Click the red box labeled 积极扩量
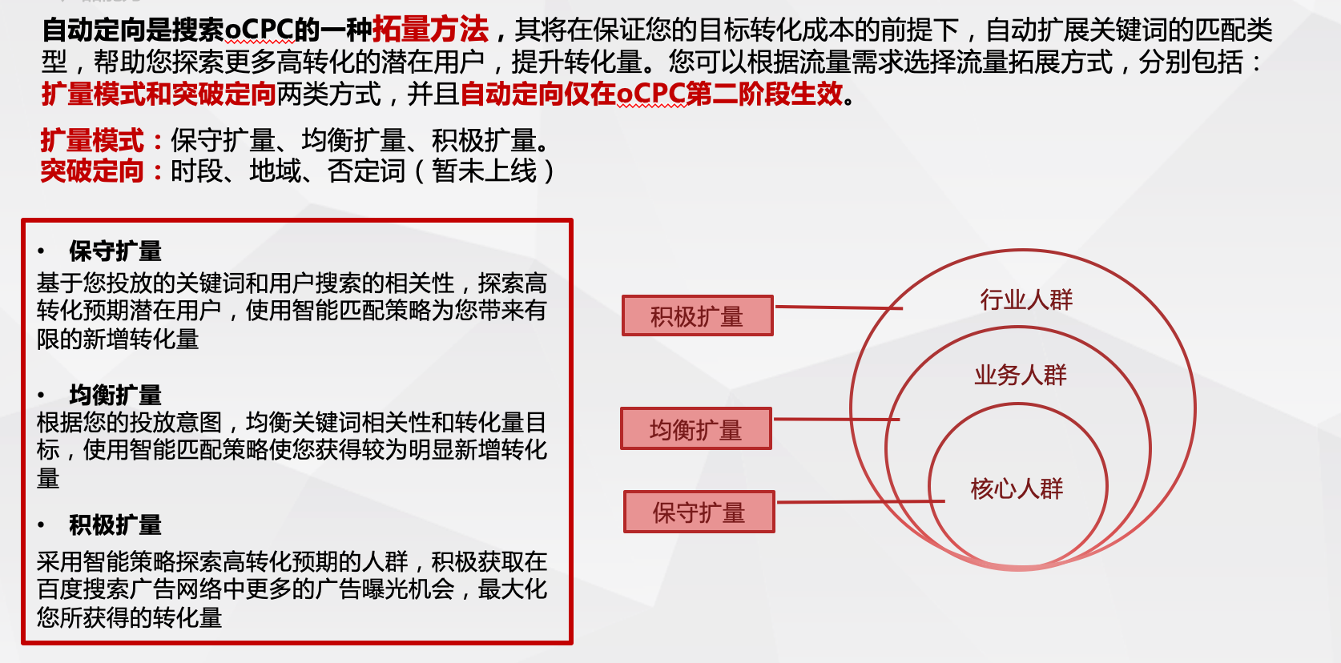pos(698,315)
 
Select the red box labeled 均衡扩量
pos(696,428)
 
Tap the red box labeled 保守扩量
pos(699,512)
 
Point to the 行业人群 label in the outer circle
pos(1026,299)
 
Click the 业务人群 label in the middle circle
pos(1021,376)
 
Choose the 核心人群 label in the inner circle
pos(1017,489)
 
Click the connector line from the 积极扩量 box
pos(839,307)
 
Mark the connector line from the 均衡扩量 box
pos(836,419)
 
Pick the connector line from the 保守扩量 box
pos(860,501)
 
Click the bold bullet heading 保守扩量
pos(115,251)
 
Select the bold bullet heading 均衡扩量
pos(115,396)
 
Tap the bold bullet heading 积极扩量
pos(115,524)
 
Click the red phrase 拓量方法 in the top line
pos(430,30)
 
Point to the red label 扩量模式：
pos(102,141)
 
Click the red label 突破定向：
pos(102,171)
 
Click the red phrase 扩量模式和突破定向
pos(159,94)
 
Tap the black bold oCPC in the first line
pos(260,30)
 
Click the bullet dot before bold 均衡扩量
pos(41,395)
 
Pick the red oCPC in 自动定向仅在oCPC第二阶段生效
pos(650,94)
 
